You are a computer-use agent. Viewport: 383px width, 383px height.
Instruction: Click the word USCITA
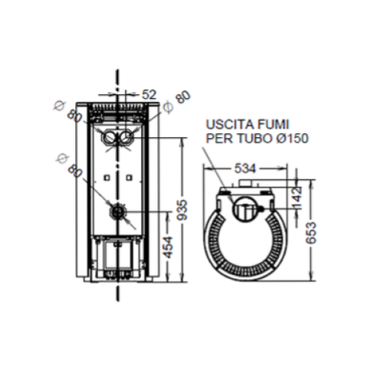225,124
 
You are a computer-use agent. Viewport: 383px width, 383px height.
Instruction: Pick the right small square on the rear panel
129,178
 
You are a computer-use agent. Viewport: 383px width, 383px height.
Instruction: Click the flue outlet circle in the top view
244,207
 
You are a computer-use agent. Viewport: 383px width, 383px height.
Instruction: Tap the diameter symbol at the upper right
167,106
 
